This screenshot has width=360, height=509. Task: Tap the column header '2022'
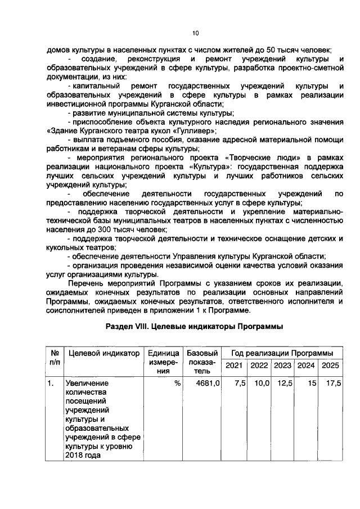point(259,366)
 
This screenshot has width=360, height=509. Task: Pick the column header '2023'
point(283,366)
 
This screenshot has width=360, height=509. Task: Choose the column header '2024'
point(306,366)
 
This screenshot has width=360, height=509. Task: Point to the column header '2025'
point(330,366)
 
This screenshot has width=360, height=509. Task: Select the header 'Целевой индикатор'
point(103,353)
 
